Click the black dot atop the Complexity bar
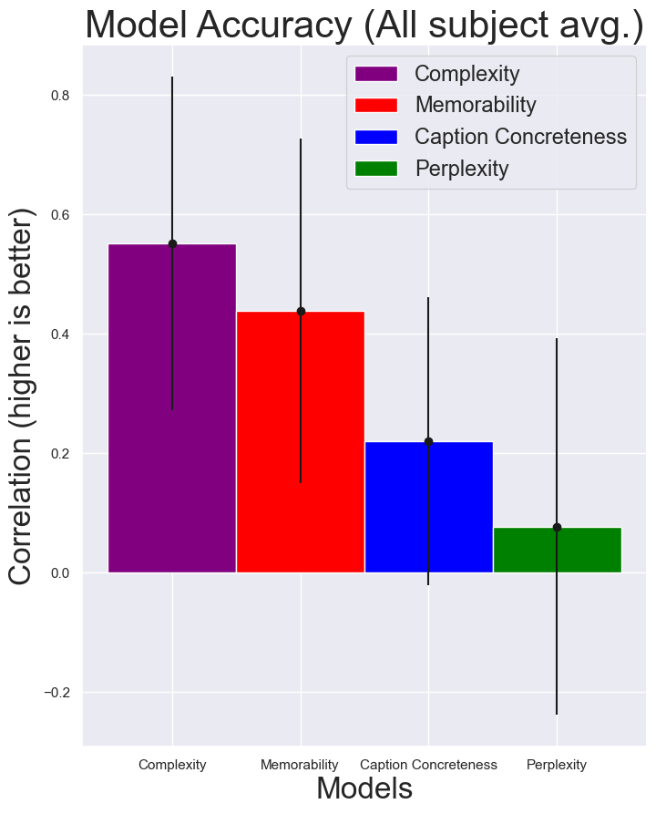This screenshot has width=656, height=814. (x=172, y=243)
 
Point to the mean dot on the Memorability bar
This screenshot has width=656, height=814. (x=301, y=311)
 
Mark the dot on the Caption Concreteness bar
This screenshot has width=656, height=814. (x=428, y=441)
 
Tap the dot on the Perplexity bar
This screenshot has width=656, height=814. (x=557, y=527)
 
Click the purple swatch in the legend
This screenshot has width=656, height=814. (x=376, y=74)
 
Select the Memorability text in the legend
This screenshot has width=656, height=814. (x=476, y=105)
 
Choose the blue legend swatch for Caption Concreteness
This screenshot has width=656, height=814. (x=376, y=137)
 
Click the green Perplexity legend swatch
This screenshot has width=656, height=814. (x=376, y=169)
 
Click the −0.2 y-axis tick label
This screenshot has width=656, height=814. (x=57, y=693)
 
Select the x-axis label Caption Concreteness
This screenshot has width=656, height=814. (x=428, y=765)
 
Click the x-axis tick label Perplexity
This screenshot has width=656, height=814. (x=557, y=765)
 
